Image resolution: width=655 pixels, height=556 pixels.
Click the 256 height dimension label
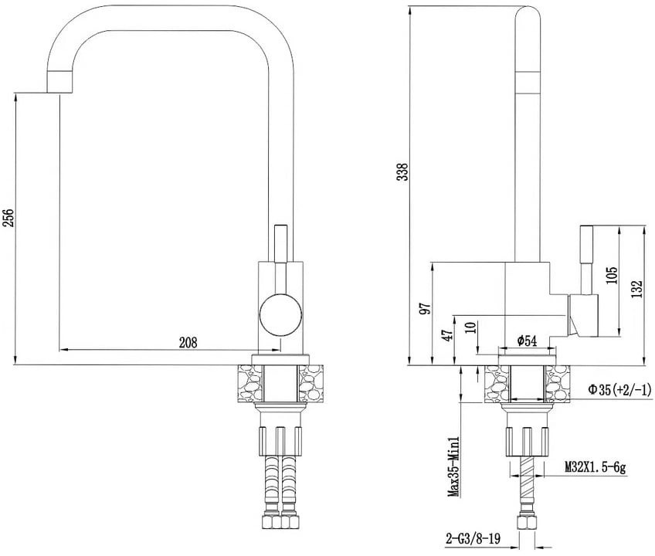[x=9, y=217]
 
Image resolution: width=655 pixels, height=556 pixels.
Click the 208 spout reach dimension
[x=188, y=343]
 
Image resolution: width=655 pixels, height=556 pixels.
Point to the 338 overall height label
[x=402, y=171]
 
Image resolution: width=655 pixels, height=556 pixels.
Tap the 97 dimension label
[x=426, y=309]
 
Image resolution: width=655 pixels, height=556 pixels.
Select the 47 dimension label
[x=448, y=335]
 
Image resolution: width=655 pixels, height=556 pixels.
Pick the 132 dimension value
[x=637, y=289]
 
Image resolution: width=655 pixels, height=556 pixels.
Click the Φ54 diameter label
[x=527, y=341]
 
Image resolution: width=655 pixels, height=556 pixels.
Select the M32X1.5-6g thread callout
[x=595, y=466]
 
